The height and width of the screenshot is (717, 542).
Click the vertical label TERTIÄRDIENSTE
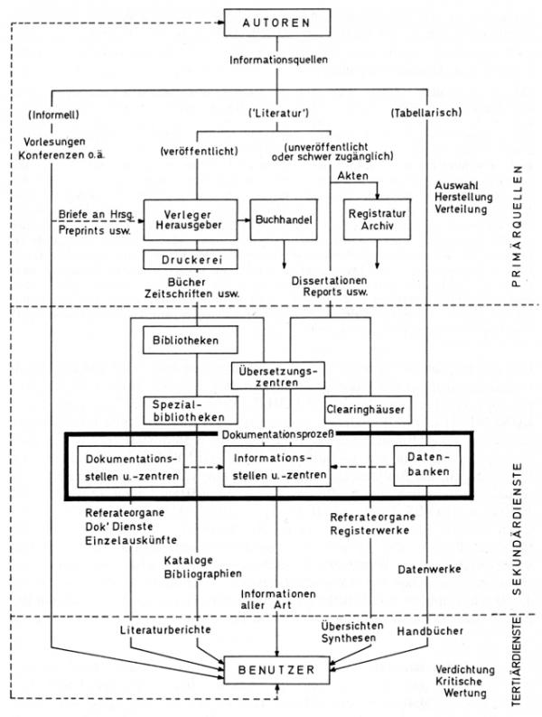click(518, 666)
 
